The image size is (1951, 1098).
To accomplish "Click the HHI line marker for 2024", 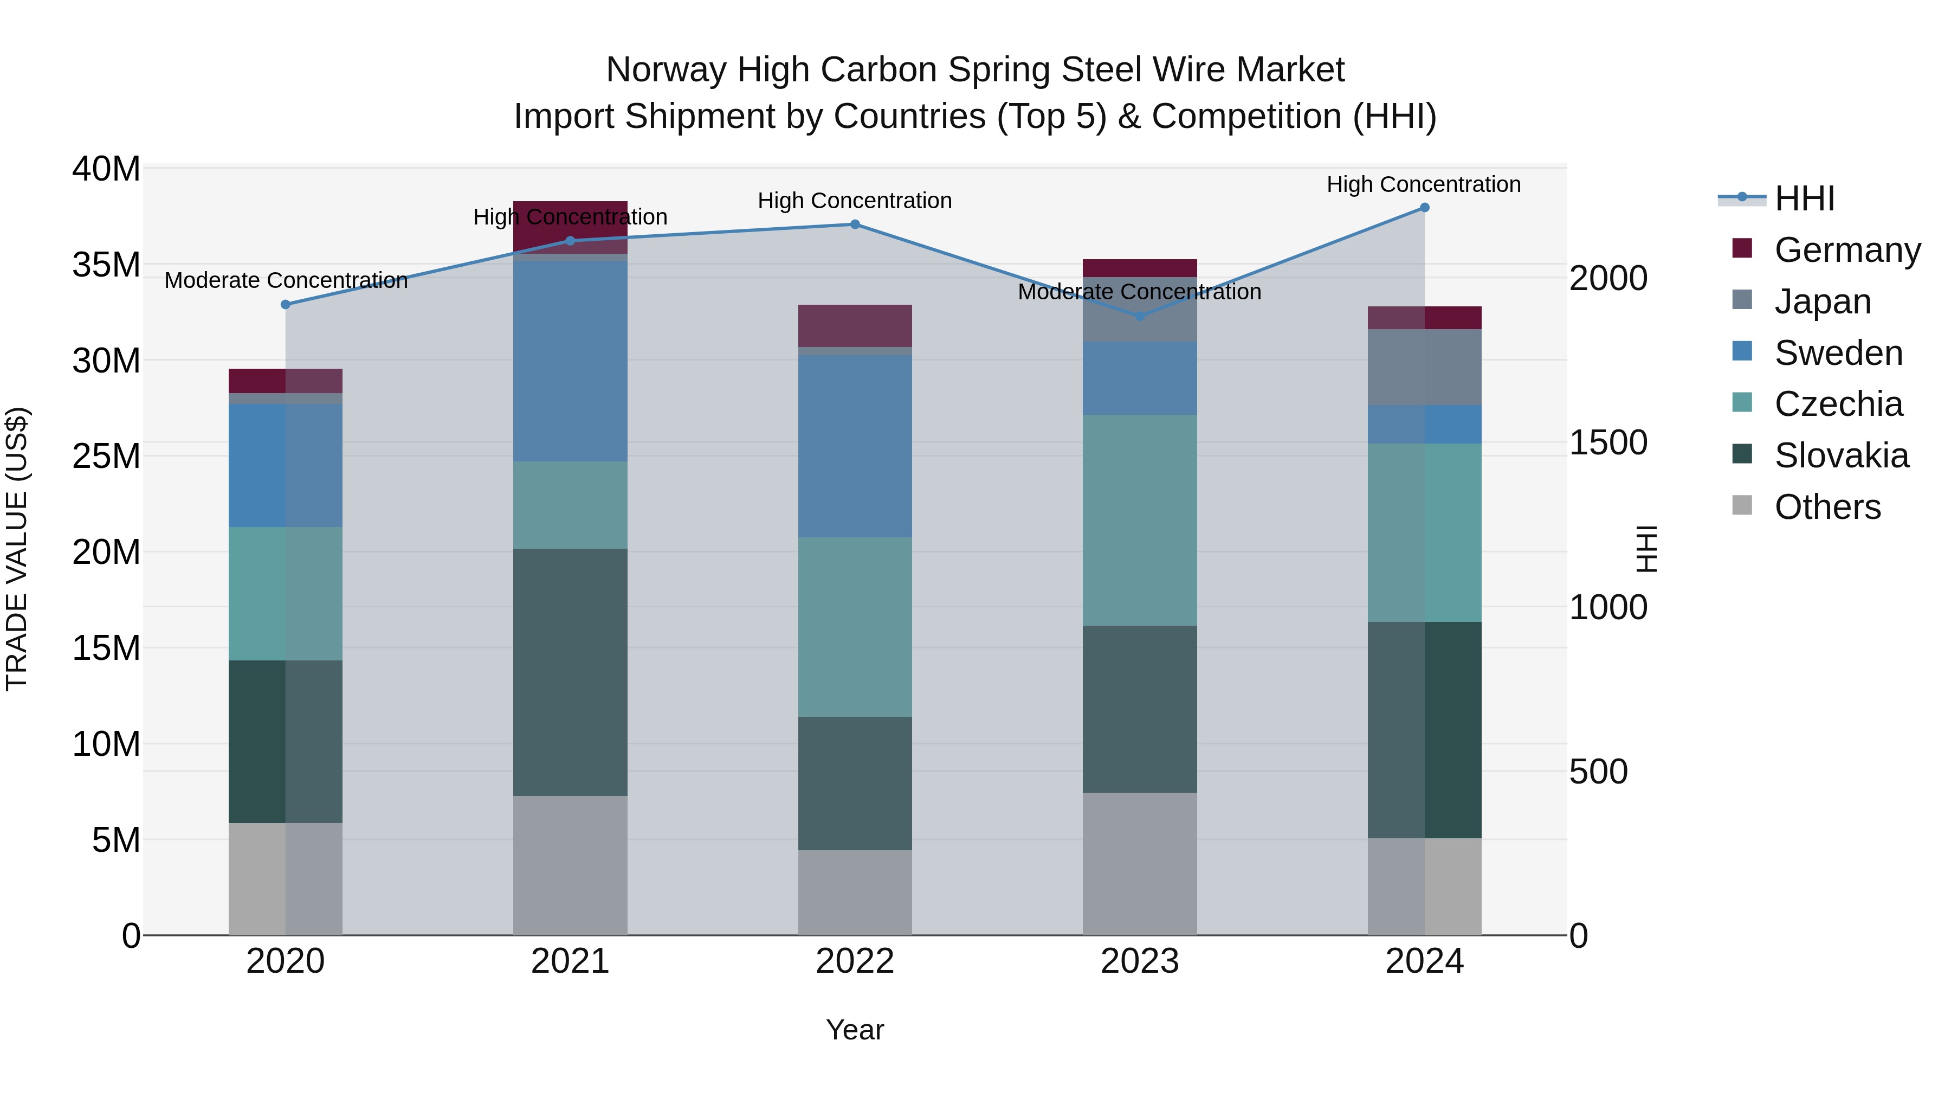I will [x=1424, y=208].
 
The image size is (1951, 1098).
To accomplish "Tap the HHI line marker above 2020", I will [x=286, y=305].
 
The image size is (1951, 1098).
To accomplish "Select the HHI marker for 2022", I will [x=854, y=224].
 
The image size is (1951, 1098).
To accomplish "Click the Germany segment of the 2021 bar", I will [x=570, y=227].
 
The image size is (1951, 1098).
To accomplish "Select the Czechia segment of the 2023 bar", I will [x=1139, y=520].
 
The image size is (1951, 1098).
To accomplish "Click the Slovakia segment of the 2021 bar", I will [x=570, y=672].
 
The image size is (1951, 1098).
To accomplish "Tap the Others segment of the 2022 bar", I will [x=854, y=892].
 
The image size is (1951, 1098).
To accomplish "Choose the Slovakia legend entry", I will [x=1840, y=455].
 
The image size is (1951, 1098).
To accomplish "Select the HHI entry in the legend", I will [x=1804, y=198].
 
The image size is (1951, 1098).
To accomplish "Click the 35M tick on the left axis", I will [x=106, y=265].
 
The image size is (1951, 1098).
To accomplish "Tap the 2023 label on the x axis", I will [x=1139, y=961].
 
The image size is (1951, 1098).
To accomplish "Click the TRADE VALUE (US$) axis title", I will [x=17, y=549].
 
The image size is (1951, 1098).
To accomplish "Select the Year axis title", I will [x=854, y=1030].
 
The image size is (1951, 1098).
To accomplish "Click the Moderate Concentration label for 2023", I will [x=1139, y=292].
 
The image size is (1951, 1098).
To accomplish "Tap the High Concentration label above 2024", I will [x=1423, y=184].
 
